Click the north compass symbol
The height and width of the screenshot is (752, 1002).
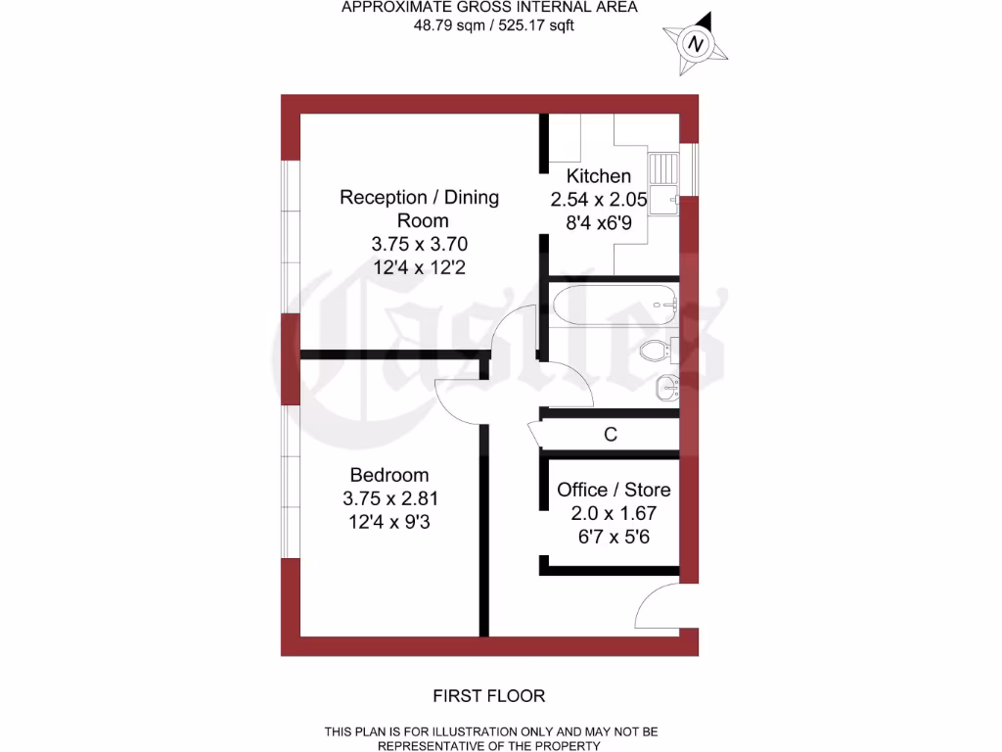click(696, 44)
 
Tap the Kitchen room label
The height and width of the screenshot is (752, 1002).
click(599, 176)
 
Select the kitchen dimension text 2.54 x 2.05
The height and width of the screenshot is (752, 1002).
click(599, 199)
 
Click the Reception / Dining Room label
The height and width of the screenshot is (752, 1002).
click(419, 209)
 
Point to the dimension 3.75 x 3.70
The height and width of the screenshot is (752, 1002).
click(419, 244)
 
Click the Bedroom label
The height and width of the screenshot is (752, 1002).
click(389, 475)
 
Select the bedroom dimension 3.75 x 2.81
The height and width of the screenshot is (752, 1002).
click(389, 498)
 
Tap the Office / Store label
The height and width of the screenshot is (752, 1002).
click(614, 490)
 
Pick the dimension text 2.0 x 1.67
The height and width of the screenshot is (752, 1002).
click(614, 513)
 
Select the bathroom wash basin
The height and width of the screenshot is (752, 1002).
click(667, 388)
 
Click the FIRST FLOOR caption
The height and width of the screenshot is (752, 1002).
click(489, 696)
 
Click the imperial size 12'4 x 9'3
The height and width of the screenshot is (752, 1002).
click(389, 523)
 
